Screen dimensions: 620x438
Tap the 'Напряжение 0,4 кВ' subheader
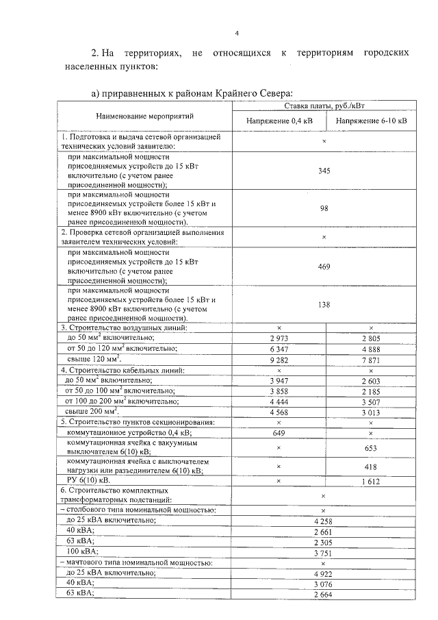click(278, 121)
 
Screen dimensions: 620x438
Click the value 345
click(324, 171)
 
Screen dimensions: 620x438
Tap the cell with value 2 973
click(278, 339)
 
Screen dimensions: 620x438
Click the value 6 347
click(278, 349)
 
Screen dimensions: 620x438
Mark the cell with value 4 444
click(278, 402)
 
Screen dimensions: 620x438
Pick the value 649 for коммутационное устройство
click(278, 433)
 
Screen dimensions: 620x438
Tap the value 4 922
click(324, 573)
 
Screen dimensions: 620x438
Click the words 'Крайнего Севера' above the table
click(257, 92)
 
